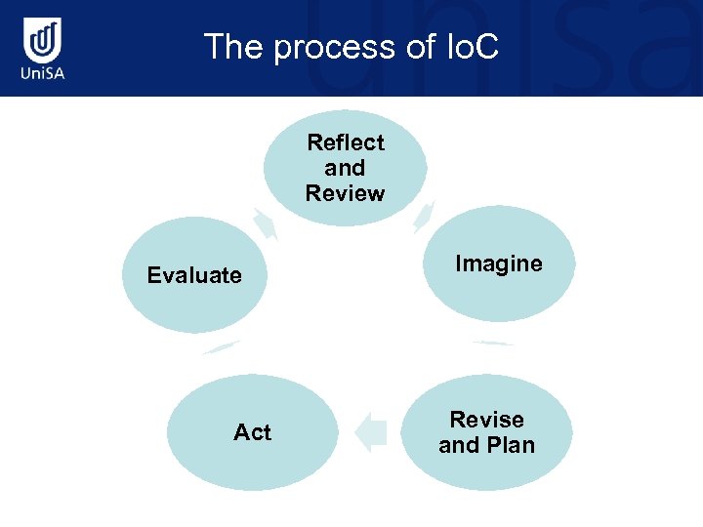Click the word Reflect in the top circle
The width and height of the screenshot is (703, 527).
pos(345,142)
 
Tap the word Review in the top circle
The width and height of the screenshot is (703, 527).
pos(345,193)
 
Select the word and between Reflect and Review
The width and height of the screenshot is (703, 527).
pos(345,168)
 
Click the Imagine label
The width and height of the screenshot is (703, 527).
pos(498,263)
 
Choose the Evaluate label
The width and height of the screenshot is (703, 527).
pos(194,275)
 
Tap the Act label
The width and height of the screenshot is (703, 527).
pos(252,432)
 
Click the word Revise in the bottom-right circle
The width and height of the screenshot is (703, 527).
pos(486,420)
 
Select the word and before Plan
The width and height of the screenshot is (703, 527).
pos(459,445)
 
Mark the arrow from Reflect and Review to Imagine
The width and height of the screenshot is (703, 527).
pos(424,216)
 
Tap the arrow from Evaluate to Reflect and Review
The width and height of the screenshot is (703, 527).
pos(265,223)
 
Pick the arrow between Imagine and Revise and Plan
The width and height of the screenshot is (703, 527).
pos(492,343)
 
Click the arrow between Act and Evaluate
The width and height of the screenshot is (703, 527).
pos(220,347)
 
